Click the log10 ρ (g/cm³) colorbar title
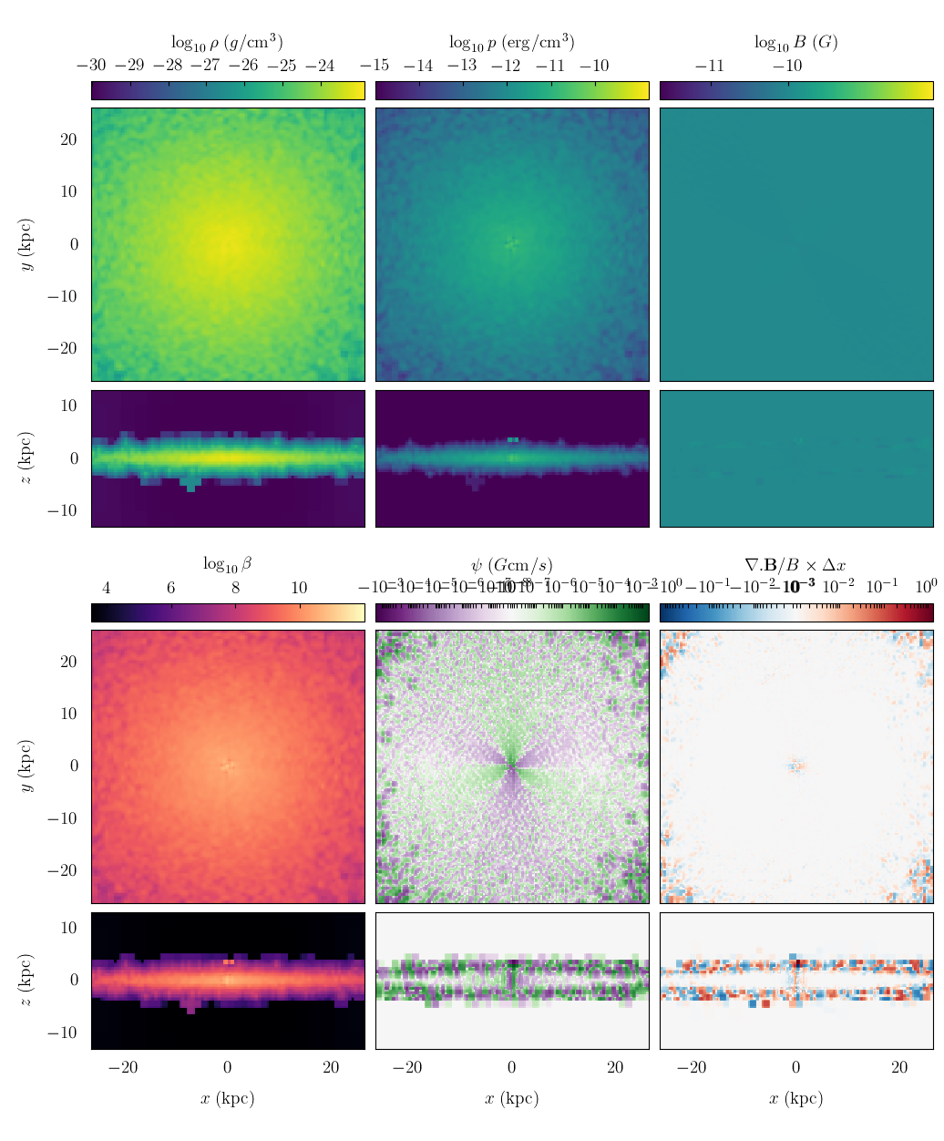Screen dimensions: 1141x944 pyautogui.click(x=227, y=42)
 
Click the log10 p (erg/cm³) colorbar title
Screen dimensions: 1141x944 pyautogui.click(x=511, y=42)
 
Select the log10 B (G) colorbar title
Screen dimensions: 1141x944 pyautogui.click(x=795, y=42)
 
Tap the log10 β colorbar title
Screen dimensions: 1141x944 pyautogui.click(x=227, y=565)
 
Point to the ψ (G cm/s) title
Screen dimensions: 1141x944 pyautogui.click(x=511, y=565)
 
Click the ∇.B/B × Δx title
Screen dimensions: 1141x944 pyautogui.click(x=795, y=565)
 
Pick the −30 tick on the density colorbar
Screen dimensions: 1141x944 pyautogui.click(x=91, y=66)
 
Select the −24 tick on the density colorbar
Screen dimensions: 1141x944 pyautogui.click(x=320, y=66)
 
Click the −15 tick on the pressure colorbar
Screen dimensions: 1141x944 pyautogui.click(x=375, y=66)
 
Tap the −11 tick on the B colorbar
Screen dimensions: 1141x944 pyautogui.click(x=710, y=66)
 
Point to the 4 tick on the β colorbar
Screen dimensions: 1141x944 pyautogui.click(x=107, y=588)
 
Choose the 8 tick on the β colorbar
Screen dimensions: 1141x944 pyautogui.click(x=235, y=588)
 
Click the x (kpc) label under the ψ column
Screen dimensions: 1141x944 pyautogui.click(x=511, y=1098)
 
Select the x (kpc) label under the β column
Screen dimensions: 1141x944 pyautogui.click(x=227, y=1098)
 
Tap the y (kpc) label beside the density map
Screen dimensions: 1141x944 pyautogui.click(x=27, y=244)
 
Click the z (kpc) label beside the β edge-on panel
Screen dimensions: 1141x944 pyautogui.click(x=27, y=980)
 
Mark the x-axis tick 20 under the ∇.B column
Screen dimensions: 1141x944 pyautogui.click(x=899, y=1068)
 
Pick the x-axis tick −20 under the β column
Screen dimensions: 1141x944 pyautogui.click(x=123, y=1068)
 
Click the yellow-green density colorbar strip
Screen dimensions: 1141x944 pyautogui.click(x=228, y=90)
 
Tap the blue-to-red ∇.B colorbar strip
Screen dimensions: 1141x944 pyautogui.click(x=796, y=612)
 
